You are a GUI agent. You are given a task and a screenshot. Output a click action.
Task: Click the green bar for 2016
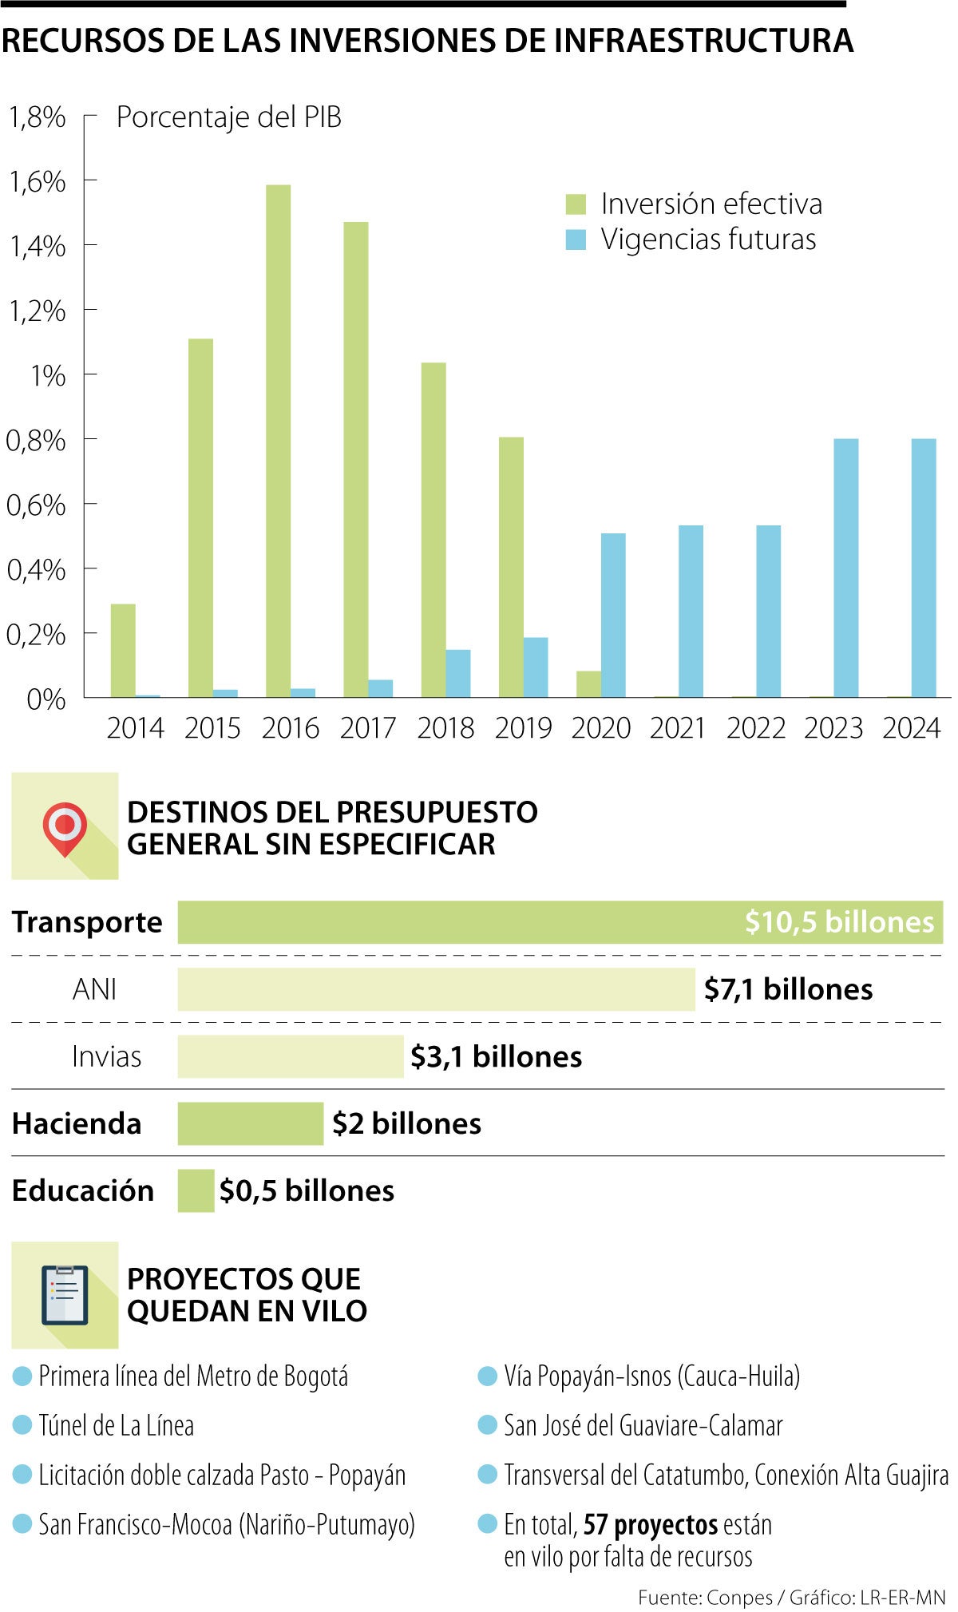click(x=278, y=441)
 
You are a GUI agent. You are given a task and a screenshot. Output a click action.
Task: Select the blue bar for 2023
click(x=845, y=568)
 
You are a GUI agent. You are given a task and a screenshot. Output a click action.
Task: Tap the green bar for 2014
click(x=123, y=651)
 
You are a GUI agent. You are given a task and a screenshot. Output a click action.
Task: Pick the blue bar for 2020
click(x=613, y=615)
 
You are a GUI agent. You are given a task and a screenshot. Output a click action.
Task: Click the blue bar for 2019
click(x=536, y=667)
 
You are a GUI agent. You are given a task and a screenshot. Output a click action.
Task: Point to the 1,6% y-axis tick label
click(x=37, y=182)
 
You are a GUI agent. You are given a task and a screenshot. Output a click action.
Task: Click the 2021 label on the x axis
click(x=678, y=728)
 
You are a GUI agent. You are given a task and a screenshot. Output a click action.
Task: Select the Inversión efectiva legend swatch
click(x=576, y=204)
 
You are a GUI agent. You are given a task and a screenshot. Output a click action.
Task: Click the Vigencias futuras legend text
click(x=708, y=240)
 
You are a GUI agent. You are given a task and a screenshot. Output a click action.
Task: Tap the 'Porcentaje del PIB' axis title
click(x=229, y=117)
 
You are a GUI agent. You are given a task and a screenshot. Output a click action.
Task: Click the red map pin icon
click(x=65, y=828)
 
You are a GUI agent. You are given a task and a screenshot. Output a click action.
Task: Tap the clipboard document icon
click(x=65, y=1294)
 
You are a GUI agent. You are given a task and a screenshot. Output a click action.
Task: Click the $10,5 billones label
click(x=839, y=922)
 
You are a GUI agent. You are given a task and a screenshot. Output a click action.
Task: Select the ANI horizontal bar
click(x=436, y=989)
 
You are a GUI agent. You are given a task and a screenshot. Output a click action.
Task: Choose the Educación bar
click(x=196, y=1190)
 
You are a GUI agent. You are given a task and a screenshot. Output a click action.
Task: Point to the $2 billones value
click(x=406, y=1123)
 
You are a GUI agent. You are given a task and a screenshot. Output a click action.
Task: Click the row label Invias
click(x=106, y=1056)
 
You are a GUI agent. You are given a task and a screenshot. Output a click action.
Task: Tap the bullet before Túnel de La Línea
click(x=22, y=1425)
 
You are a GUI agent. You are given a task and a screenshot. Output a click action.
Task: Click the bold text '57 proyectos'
click(x=649, y=1524)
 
